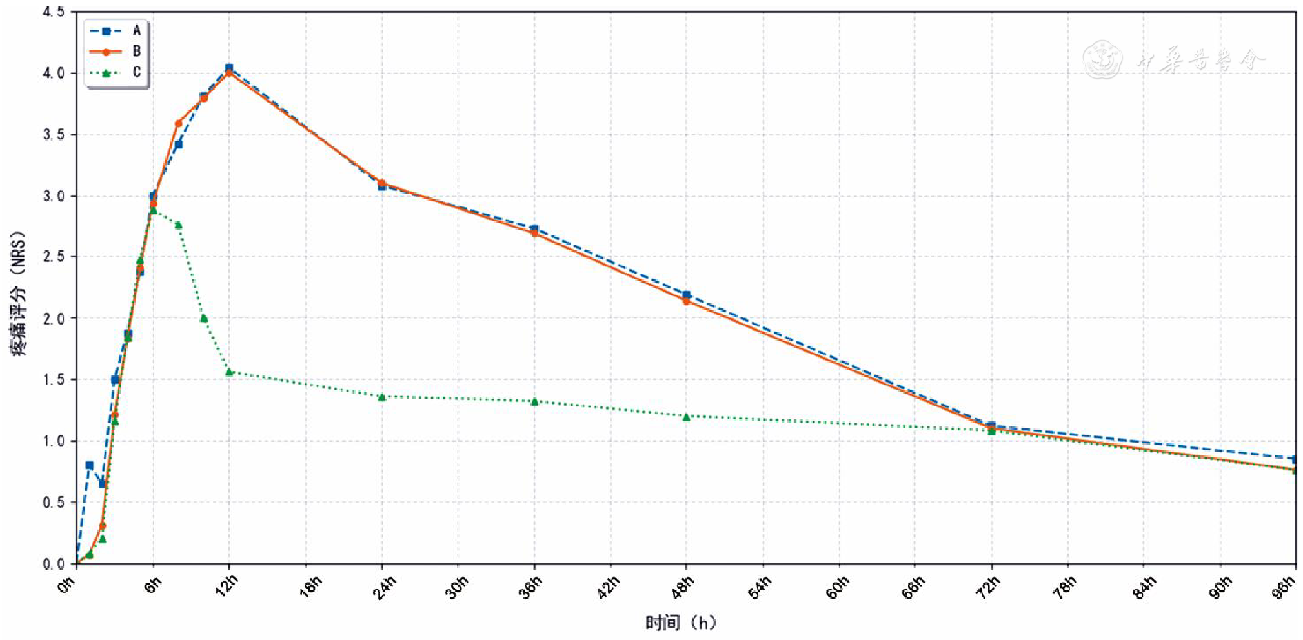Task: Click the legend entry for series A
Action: pos(116,30)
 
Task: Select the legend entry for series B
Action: pos(116,51)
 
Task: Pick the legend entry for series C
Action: pos(116,72)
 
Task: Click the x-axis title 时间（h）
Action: pos(681,623)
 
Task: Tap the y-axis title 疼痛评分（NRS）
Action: pos(19,294)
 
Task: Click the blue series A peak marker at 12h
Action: pos(229,68)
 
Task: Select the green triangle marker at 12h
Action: pos(229,372)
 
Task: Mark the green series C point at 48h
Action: pos(686,417)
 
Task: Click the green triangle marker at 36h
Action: pos(534,401)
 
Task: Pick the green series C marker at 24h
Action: pos(382,397)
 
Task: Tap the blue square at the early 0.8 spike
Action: pos(90,465)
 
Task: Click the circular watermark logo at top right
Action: pos(1102,59)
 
